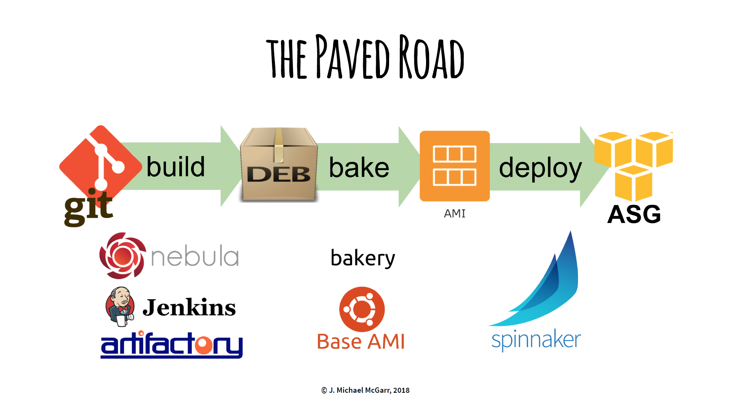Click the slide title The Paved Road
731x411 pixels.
click(365, 57)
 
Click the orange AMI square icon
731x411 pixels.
click(455, 166)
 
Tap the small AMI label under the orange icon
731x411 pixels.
click(455, 213)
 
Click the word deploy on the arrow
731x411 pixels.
click(540, 168)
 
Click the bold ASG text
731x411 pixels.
click(634, 215)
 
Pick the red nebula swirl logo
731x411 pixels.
click(122, 256)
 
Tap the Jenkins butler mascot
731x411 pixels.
click(120, 307)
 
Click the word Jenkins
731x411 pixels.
click(189, 307)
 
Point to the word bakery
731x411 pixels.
click(363, 258)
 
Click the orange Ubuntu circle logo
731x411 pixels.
click(362, 309)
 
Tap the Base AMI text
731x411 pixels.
click(361, 341)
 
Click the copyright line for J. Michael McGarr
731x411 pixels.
click(365, 390)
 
